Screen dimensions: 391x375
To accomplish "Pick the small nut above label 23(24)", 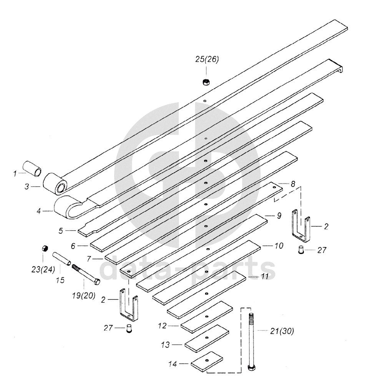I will tap(44, 249).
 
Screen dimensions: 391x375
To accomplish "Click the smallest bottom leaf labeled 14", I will tap(207, 361).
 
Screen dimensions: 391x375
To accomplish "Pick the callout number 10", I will tap(279, 245).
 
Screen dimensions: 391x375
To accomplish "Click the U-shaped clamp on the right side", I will tap(301, 225).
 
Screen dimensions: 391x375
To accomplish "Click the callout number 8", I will tap(293, 184).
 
